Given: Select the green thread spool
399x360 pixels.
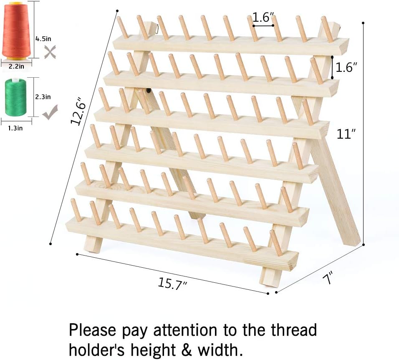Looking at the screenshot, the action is click(x=15, y=97).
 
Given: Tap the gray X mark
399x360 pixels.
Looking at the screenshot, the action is click(x=50, y=52).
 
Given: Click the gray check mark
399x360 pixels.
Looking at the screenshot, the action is click(x=50, y=112).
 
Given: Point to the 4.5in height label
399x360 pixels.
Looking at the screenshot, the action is click(x=43, y=39).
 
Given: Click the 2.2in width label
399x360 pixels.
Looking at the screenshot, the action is click(x=16, y=66).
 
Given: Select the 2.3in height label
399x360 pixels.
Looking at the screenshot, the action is click(x=43, y=97).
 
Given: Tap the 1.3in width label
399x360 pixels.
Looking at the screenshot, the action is click(x=15, y=128).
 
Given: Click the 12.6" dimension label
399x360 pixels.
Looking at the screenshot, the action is click(x=79, y=111).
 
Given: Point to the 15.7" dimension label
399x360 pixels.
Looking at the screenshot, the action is click(x=172, y=284).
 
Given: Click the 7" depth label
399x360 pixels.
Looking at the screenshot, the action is click(x=328, y=278).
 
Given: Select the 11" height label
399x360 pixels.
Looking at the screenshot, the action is click(x=346, y=134).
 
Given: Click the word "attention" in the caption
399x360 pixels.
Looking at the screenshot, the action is click(x=185, y=330).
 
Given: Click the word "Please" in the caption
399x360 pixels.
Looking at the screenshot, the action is click(x=93, y=330).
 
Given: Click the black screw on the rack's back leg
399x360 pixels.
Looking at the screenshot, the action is click(x=148, y=90).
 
